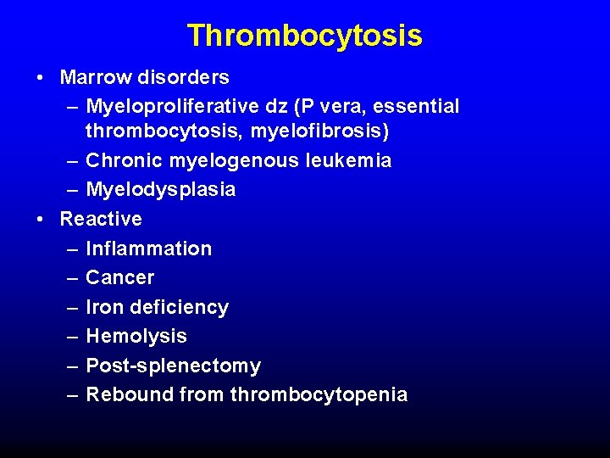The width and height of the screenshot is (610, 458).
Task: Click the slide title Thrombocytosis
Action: [x=304, y=36]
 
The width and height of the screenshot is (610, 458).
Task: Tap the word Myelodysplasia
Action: [x=161, y=190]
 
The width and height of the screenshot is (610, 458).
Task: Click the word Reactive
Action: [x=101, y=219]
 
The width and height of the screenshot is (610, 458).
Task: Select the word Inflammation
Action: [x=149, y=249]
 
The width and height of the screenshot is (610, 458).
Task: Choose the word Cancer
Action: [x=120, y=277]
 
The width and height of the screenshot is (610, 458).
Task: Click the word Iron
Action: [x=103, y=307]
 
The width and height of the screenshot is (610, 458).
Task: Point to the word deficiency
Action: [x=178, y=307]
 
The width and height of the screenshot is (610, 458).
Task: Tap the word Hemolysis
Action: [x=136, y=336]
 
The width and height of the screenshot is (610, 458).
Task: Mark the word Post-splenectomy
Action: [x=174, y=366]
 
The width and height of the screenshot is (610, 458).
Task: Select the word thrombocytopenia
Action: [x=319, y=395]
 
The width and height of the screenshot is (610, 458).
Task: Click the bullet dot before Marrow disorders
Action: [x=41, y=78]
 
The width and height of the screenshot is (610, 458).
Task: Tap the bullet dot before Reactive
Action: [x=41, y=220]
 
